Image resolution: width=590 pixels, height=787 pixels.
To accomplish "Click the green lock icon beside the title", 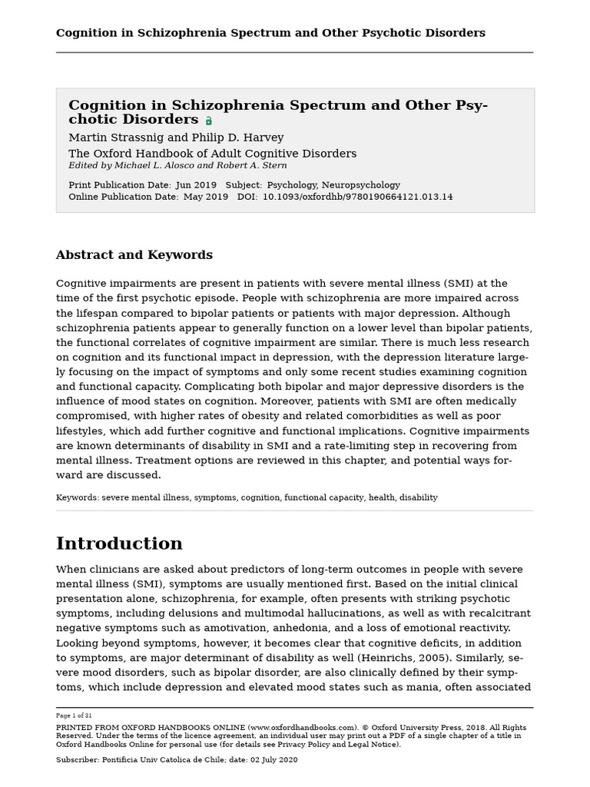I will click(x=209, y=121).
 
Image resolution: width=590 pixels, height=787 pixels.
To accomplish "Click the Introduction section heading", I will click(x=119, y=544).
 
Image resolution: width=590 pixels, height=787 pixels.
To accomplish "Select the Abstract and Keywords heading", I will click(x=134, y=255).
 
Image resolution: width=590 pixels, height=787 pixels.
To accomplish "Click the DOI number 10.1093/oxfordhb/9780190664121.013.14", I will click(x=357, y=197).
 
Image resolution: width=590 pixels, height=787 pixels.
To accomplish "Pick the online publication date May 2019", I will click(x=205, y=197).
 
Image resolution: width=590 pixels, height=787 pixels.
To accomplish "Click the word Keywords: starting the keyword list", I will click(x=77, y=498).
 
